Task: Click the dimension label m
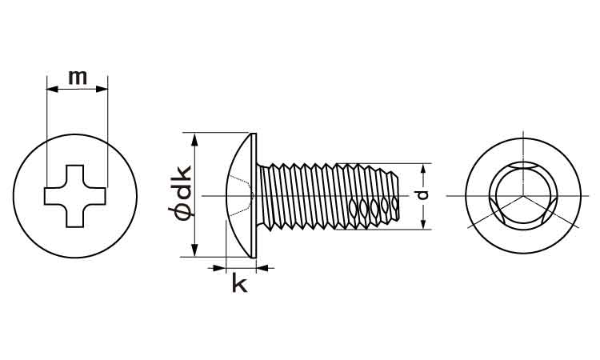[x=78, y=78]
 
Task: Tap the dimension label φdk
[x=180, y=194]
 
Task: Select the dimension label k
[x=240, y=284]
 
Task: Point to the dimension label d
[x=422, y=195]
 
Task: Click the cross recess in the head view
[x=75, y=196]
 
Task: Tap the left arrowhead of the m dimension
[x=52, y=89]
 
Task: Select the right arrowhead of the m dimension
[x=102, y=89]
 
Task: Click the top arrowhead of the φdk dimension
[x=194, y=140]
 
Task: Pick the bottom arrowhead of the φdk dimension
[x=194, y=250]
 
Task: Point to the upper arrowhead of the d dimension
[x=423, y=169]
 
